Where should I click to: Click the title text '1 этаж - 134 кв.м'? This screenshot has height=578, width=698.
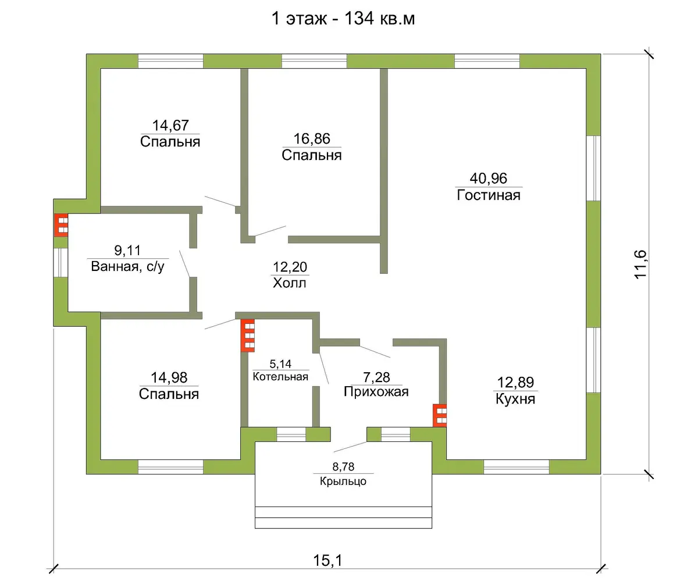point(343,19)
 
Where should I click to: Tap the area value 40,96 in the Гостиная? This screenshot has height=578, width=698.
point(489,179)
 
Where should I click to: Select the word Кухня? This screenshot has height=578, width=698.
point(515,399)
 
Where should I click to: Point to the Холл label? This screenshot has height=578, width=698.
point(290,283)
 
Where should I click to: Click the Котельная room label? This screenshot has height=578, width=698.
point(280,377)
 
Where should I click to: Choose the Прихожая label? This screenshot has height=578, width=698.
point(376,392)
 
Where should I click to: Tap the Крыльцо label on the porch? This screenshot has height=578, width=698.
point(343,481)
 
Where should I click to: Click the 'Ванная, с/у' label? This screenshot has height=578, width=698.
point(128,266)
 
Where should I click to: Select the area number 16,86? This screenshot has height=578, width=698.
point(312,139)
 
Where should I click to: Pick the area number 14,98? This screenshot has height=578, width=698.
point(169,378)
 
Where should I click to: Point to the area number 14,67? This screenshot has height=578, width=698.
point(170,126)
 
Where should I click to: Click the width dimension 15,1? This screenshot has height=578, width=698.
point(327,561)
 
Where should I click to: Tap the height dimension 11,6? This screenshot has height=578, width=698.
point(641,264)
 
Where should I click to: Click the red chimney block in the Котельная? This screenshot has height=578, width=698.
point(248,336)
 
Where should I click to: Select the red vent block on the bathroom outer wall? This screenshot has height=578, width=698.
point(61,225)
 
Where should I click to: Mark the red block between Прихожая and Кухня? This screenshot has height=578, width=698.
point(440,416)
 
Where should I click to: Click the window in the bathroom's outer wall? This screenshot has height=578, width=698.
point(60,262)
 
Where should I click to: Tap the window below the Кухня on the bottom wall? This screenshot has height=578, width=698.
point(517,467)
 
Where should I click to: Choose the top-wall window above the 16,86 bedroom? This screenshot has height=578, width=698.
point(314,61)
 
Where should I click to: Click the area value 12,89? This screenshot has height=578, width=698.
point(515,383)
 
